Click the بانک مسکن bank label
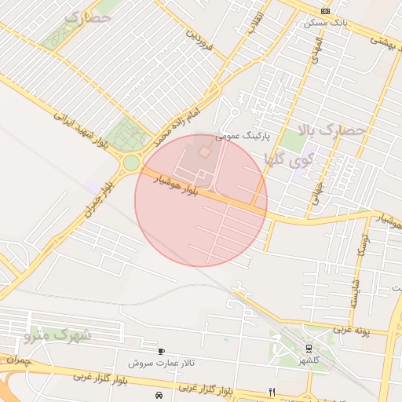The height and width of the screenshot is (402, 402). [x=325, y=24]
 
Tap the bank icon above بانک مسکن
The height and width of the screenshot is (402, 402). [x=326, y=11]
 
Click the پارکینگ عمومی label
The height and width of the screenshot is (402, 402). [x=244, y=135]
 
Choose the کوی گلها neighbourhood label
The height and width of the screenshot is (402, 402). [x=290, y=160]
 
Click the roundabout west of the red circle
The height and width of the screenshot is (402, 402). [x=131, y=163]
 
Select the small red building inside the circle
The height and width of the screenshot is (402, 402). [x=203, y=151]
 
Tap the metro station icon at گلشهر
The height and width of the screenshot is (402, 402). [x=309, y=348]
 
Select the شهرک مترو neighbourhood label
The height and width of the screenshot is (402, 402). [x=58, y=335]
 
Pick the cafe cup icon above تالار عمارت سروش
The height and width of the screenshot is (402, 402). [x=162, y=352]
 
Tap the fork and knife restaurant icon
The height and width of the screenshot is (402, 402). [x=272, y=391]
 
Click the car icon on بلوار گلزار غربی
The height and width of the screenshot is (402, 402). [x=159, y=395]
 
